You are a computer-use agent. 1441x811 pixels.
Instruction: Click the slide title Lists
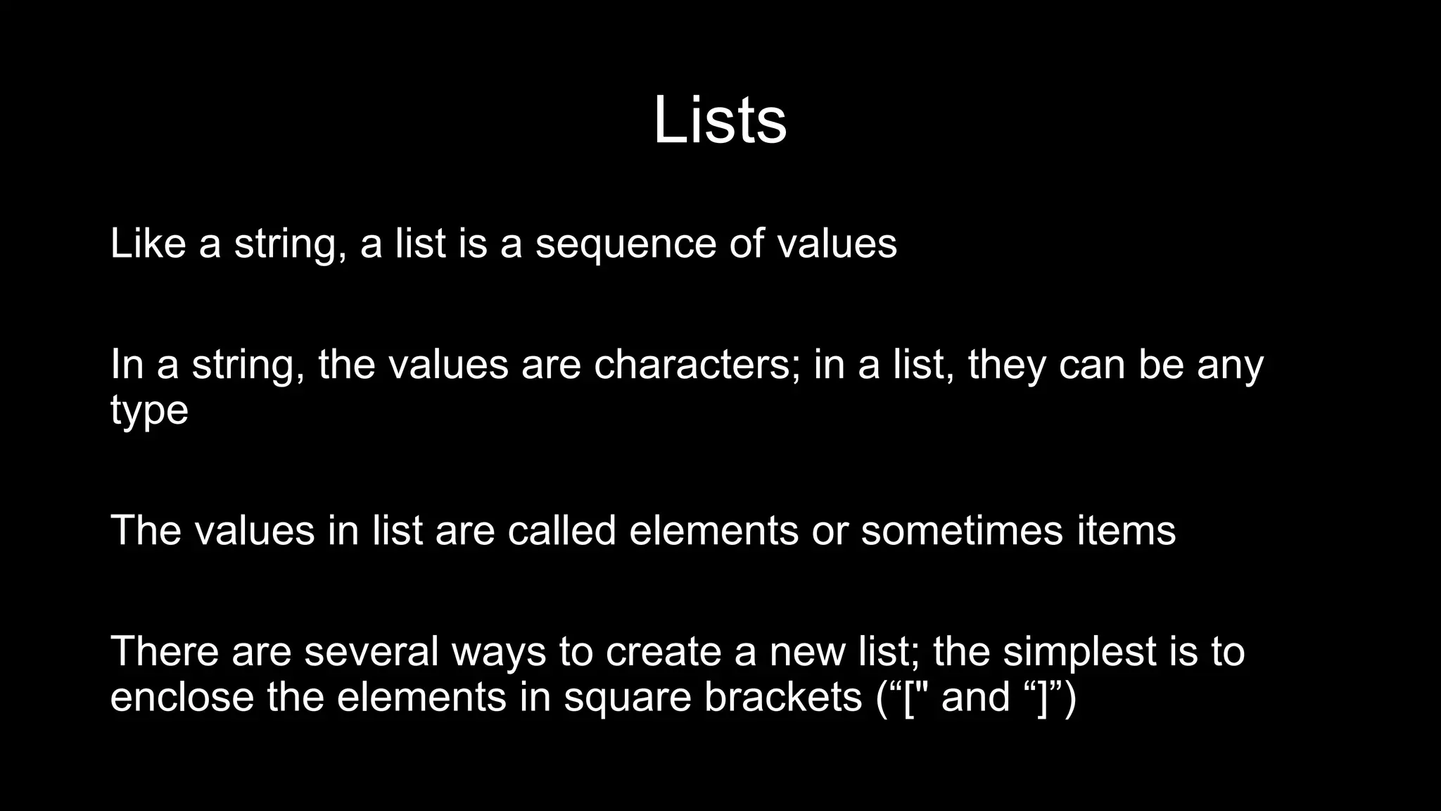click(x=720, y=121)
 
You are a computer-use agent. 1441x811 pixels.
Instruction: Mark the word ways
click(x=498, y=652)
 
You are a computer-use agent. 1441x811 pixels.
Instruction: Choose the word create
click(x=664, y=650)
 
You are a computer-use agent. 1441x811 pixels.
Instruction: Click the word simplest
click(x=1079, y=652)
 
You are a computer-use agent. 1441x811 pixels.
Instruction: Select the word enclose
click(x=182, y=696)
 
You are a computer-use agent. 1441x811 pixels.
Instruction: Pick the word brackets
click(x=782, y=696)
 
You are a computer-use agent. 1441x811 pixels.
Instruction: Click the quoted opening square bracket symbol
click(x=909, y=696)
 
